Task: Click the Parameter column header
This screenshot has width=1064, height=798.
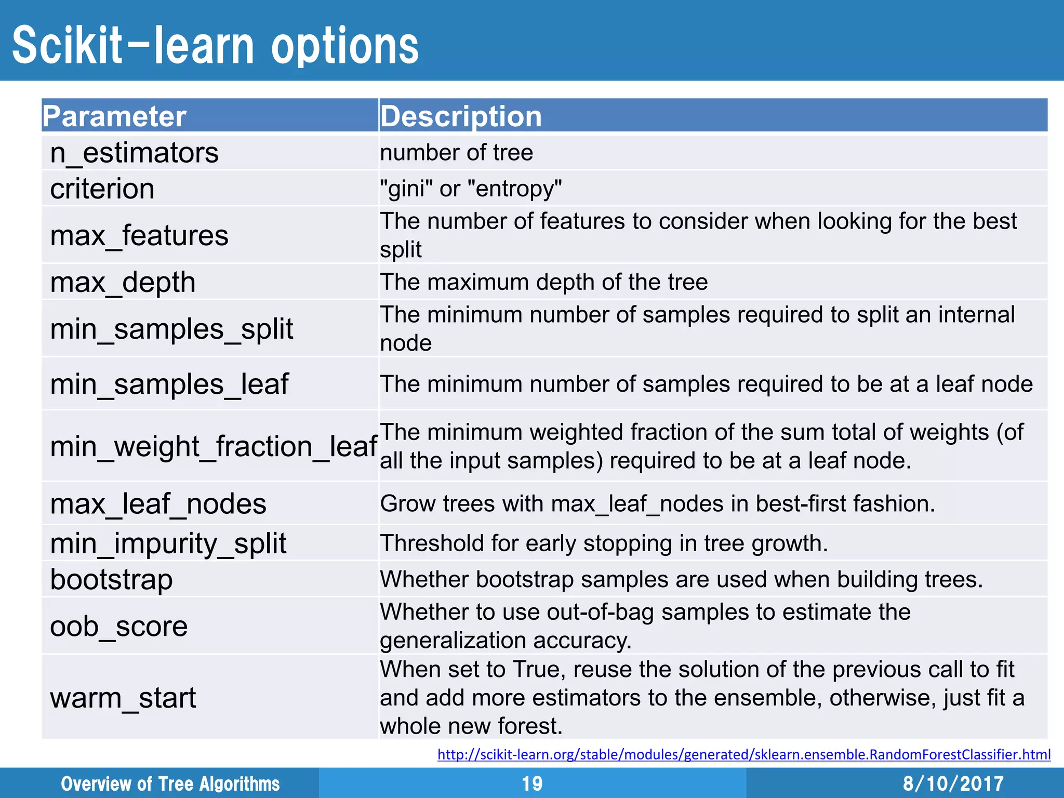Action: tap(114, 116)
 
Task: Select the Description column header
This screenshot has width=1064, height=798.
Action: tap(461, 116)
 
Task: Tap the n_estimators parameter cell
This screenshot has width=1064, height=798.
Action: tap(134, 153)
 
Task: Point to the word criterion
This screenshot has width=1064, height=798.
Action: tap(102, 189)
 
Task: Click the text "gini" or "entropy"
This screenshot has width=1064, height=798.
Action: tap(471, 189)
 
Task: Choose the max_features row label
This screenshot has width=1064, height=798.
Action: tap(139, 235)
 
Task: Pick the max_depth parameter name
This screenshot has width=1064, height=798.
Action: tap(123, 282)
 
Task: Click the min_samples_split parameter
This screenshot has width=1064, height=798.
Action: tap(171, 329)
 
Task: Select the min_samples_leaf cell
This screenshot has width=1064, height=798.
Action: tap(169, 384)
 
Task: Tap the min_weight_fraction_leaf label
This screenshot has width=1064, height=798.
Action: tap(213, 446)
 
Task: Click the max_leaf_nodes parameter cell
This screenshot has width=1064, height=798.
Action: tap(158, 504)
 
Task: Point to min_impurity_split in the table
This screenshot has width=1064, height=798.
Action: tap(168, 543)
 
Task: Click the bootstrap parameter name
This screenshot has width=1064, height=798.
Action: tap(111, 579)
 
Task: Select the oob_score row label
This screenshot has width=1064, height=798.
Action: tap(118, 626)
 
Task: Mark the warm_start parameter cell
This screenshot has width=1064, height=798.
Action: tap(123, 697)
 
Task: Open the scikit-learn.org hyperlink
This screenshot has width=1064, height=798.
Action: tap(743, 754)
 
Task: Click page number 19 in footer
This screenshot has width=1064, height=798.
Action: tap(532, 783)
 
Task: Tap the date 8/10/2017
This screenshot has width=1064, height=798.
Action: tap(953, 783)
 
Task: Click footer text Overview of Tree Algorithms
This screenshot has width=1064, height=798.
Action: tap(170, 783)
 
